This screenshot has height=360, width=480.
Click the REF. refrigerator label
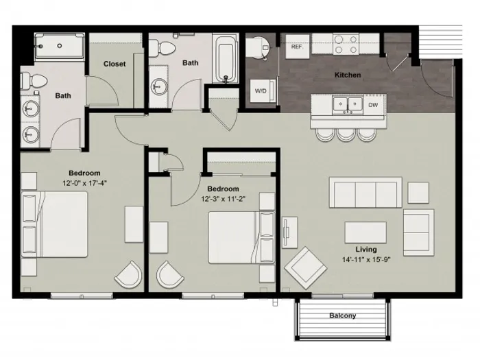coord(297,47)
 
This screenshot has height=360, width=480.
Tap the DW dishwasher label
coord(373,105)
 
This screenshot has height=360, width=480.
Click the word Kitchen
coord(348,75)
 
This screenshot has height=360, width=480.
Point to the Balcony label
coord(343,315)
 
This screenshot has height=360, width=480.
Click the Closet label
coord(115,64)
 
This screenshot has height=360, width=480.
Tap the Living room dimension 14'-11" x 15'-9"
coord(366,260)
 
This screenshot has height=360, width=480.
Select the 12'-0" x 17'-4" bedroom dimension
coord(84,183)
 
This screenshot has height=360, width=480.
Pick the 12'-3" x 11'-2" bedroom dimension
coord(223,199)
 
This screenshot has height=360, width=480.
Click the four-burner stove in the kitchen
coord(346,45)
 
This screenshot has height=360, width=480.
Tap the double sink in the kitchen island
coord(348,105)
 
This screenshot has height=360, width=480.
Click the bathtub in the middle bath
coord(226,60)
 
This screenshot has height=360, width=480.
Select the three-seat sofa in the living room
coord(365,193)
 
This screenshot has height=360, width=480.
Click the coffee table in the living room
coord(365,232)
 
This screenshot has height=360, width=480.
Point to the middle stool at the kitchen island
coord(346,134)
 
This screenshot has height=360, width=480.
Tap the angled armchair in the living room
coord(305,268)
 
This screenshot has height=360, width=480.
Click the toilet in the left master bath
coord(34,80)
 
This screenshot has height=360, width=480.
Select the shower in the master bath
coord(60,46)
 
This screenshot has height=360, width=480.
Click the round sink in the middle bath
coord(159,86)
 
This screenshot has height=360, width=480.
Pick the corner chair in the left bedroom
coord(129,274)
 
